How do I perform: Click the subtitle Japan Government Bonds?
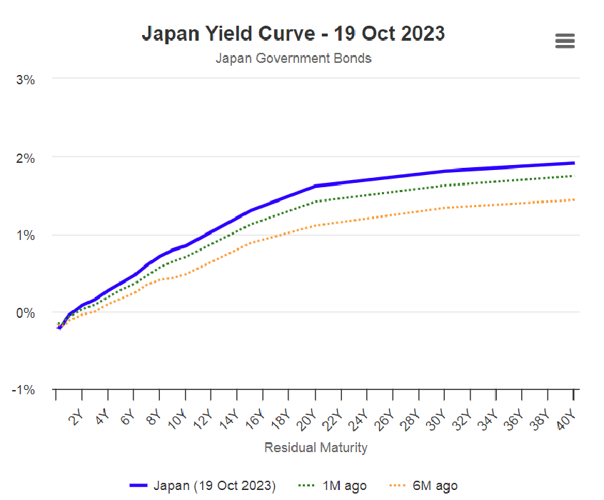[293, 58]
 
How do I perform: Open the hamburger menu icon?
[565, 41]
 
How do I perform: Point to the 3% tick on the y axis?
[26, 80]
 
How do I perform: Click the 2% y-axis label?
[26, 158]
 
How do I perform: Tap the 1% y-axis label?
[26, 235]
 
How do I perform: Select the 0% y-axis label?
[26, 313]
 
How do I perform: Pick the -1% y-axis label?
[24, 390]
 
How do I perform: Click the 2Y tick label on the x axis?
[76, 418]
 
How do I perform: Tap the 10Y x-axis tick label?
[177, 420]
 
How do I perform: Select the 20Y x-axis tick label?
[306, 420]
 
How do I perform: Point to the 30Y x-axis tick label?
[436, 420]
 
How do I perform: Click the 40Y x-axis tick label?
[566, 420]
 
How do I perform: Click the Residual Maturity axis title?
[316, 448]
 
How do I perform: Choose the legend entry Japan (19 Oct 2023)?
[203, 486]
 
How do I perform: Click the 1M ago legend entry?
[333, 486]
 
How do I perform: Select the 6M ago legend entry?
[423, 486]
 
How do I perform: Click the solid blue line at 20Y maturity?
[315, 186]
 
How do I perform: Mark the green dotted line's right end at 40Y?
[574, 176]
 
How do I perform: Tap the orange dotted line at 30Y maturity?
[445, 208]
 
